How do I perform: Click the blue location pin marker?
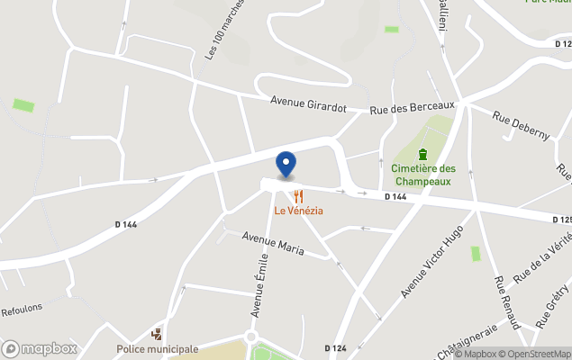click(x=286, y=165)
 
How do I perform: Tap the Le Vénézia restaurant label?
click(x=299, y=211)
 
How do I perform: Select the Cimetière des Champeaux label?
click(x=423, y=175)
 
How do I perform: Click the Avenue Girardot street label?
click(x=309, y=106)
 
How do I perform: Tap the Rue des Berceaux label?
click(x=413, y=108)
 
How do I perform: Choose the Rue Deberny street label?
click(x=521, y=124)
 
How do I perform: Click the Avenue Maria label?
click(x=273, y=242)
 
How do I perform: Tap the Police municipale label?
click(x=158, y=349)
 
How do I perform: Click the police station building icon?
click(x=158, y=334)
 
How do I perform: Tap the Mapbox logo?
click(x=40, y=348)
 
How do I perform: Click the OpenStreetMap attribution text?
click(x=538, y=354)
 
